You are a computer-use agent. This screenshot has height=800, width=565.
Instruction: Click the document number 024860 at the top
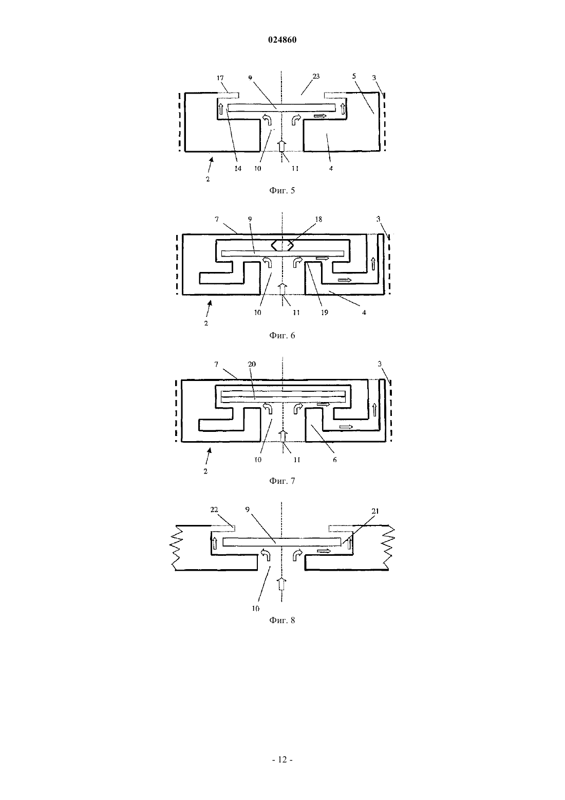[282, 40]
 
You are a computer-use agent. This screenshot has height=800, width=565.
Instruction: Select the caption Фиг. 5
[282, 190]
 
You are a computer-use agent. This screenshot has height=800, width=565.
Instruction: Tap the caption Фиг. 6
[282, 335]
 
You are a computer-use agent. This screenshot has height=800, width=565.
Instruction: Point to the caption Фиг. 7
[282, 481]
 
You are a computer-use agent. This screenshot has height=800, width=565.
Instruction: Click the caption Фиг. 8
[282, 620]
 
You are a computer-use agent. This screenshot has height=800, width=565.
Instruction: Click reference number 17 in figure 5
[220, 78]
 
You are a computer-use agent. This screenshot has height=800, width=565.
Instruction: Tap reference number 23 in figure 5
[316, 76]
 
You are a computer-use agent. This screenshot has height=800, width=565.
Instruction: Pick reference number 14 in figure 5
[237, 168]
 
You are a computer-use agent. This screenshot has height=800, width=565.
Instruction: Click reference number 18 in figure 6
[318, 219]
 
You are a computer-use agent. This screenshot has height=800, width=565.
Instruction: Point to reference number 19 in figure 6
[324, 313]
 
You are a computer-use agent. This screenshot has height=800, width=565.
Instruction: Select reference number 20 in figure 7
[252, 364]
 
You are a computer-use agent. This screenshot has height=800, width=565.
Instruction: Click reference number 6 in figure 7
[334, 460]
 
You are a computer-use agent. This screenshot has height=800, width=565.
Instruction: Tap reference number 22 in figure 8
[214, 510]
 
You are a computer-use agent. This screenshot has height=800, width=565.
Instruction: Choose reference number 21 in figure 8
[375, 511]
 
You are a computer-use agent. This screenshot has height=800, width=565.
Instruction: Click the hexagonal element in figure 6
[282, 245]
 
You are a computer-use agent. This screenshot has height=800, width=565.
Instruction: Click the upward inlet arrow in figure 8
[282, 584]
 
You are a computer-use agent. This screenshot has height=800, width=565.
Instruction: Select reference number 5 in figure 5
[354, 76]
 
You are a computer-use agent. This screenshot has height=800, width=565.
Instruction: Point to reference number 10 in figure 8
[255, 608]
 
